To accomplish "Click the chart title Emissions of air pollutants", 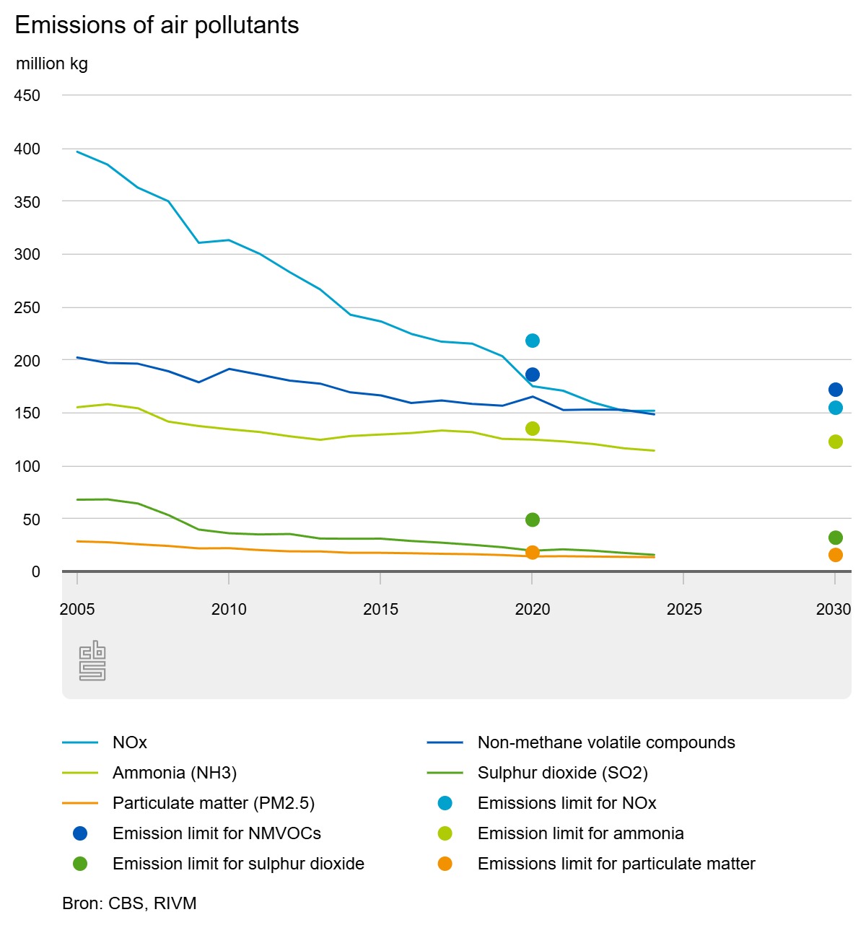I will pos(157,25).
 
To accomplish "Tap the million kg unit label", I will pos(52,63).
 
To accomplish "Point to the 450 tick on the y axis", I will pos(27,95).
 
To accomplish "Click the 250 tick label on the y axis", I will pos(27,307).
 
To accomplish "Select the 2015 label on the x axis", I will pos(380,609).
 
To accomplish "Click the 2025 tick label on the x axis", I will pos(683,609).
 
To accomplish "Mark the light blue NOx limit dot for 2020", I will pos(533,341).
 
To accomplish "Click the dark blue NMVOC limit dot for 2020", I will pos(533,374).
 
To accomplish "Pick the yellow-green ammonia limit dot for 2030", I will pos(836,442).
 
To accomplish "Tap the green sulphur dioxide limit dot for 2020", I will pos(533,520).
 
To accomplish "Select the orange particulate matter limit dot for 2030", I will pos(836,555).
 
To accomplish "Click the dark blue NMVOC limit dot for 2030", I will pos(836,390).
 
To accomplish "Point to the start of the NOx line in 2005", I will pos(77,152).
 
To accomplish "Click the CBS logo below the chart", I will pos(92,660).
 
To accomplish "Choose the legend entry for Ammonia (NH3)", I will pos(174,773).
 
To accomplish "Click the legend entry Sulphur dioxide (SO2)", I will pos(562,773).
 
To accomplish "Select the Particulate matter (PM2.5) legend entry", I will pos(213,803).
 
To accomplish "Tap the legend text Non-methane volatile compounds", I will pos(605,742).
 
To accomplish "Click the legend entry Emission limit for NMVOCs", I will pos(216,833).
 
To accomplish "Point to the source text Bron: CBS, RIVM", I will pos(129,903).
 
